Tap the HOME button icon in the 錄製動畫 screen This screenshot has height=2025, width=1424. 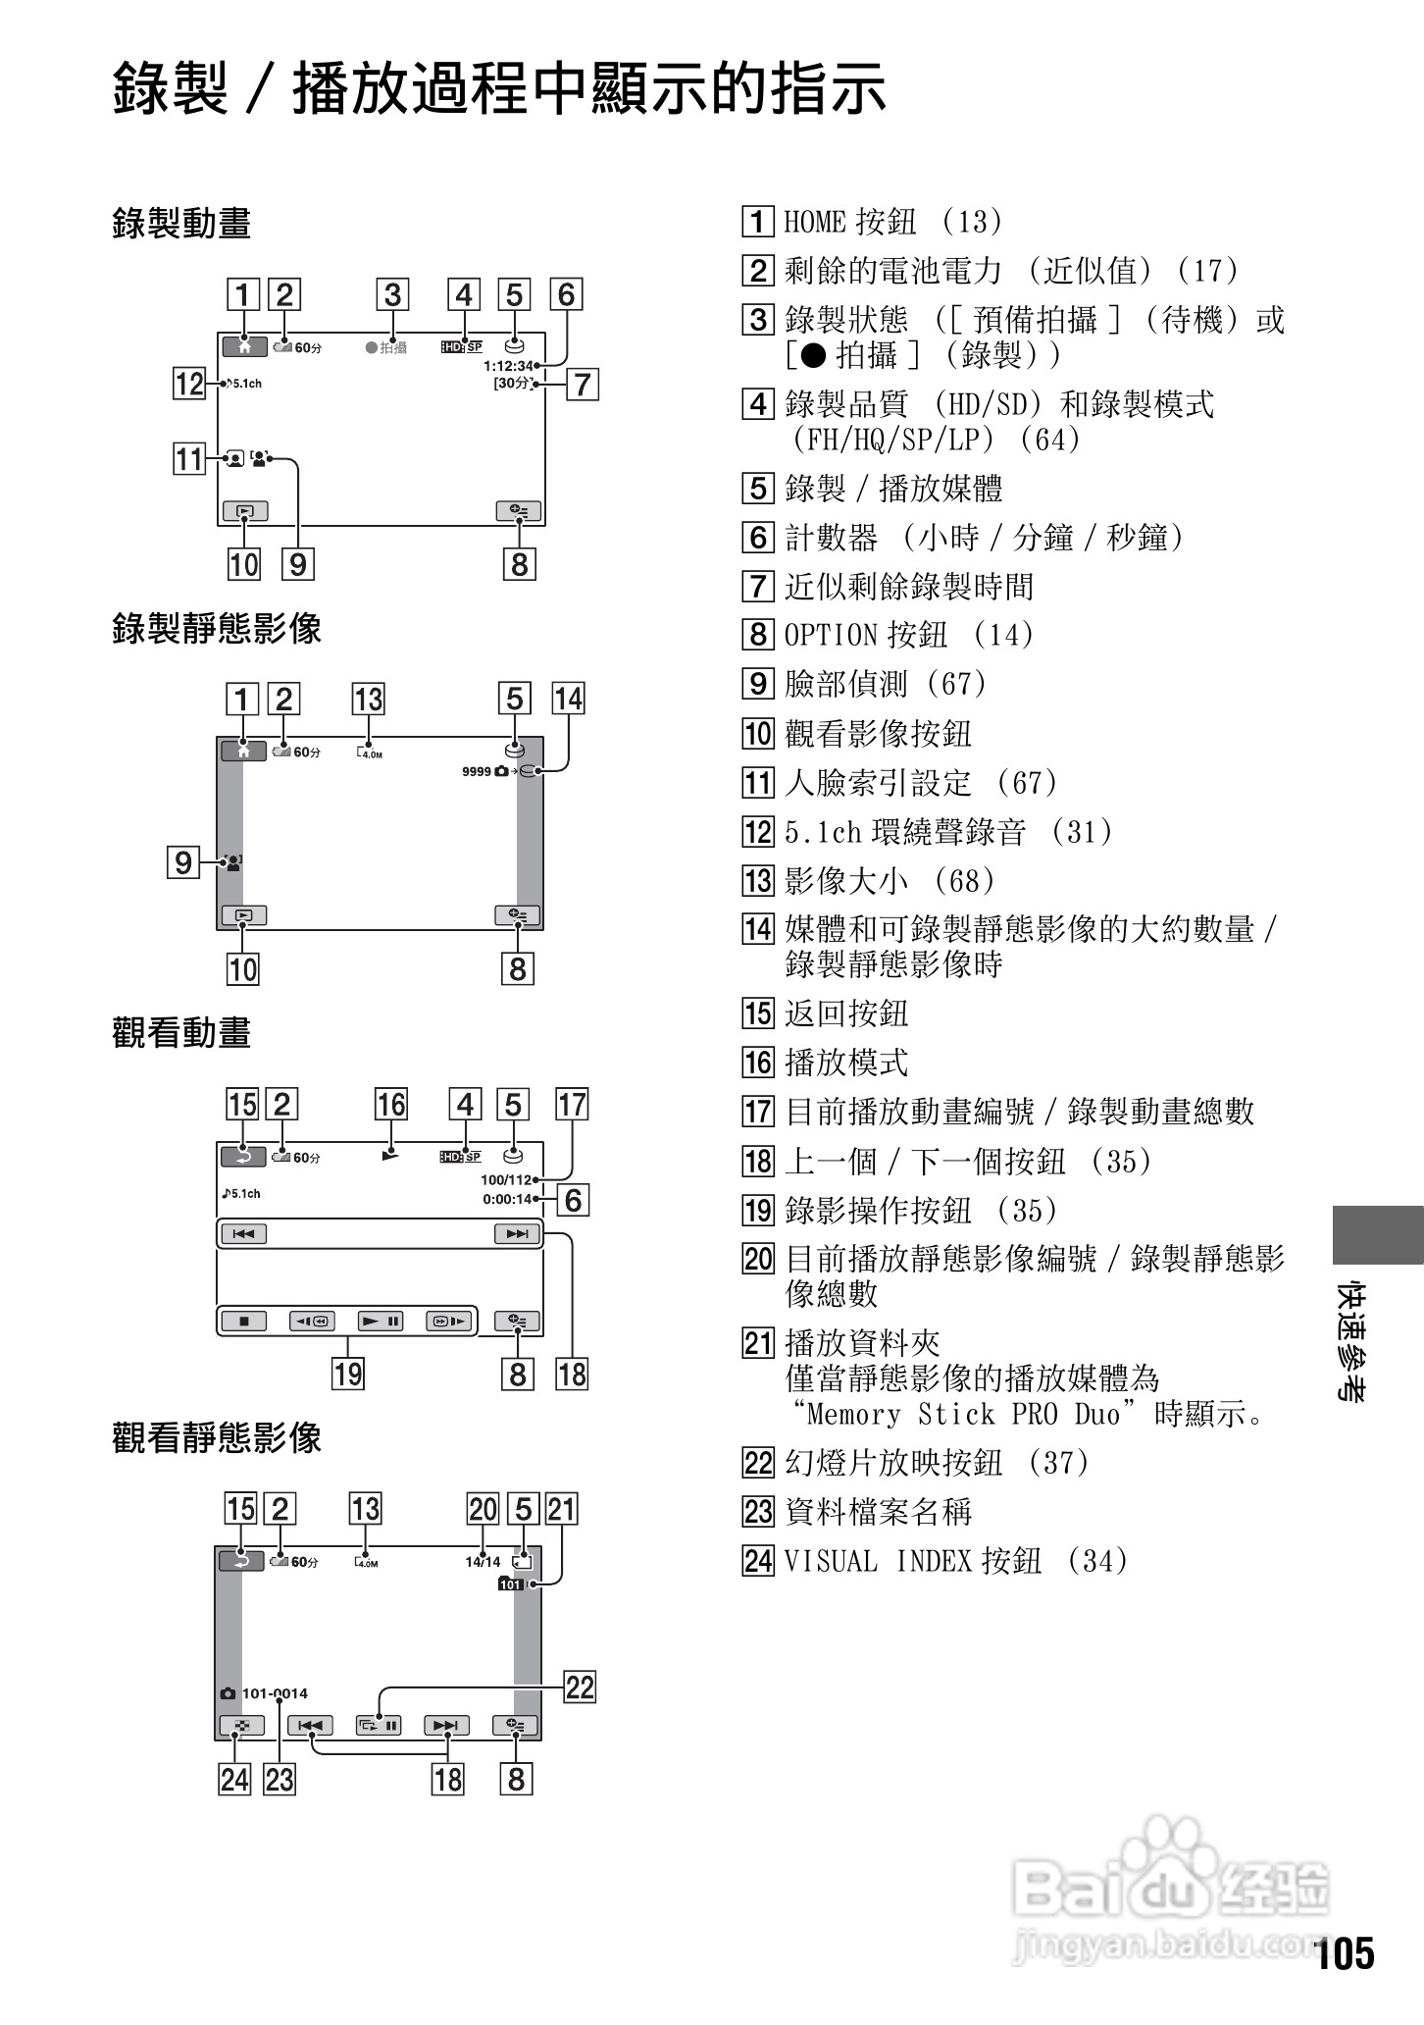[243, 346]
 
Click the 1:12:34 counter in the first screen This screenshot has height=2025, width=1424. [507, 366]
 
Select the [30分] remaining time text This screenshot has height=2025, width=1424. [512, 383]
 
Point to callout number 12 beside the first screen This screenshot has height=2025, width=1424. [188, 383]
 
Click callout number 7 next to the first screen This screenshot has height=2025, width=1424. [583, 384]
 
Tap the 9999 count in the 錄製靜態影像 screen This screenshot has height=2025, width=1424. [477, 771]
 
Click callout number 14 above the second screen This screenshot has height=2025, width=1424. [569, 700]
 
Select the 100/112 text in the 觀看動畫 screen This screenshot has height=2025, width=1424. [505, 1179]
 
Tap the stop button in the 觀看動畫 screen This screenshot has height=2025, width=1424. [244, 1322]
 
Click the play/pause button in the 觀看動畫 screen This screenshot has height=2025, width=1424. [381, 1322]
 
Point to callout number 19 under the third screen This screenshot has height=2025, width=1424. [348, 1374]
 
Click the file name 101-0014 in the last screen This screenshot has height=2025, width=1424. [275, 1693]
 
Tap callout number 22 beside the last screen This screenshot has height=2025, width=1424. [580, 1687]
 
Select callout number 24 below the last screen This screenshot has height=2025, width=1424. [235, 1779]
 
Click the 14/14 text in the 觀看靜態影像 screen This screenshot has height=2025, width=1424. [483, 1562]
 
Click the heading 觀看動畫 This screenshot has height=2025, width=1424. [181, 1033]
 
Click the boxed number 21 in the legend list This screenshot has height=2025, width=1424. [758, 1342]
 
